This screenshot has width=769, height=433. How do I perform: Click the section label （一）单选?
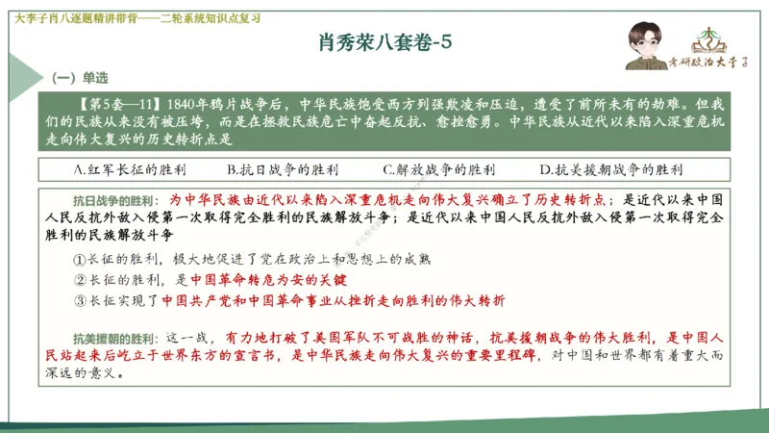[80, 77]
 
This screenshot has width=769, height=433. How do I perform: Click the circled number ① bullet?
[80, 259]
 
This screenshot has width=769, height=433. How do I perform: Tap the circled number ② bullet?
[80, 280]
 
